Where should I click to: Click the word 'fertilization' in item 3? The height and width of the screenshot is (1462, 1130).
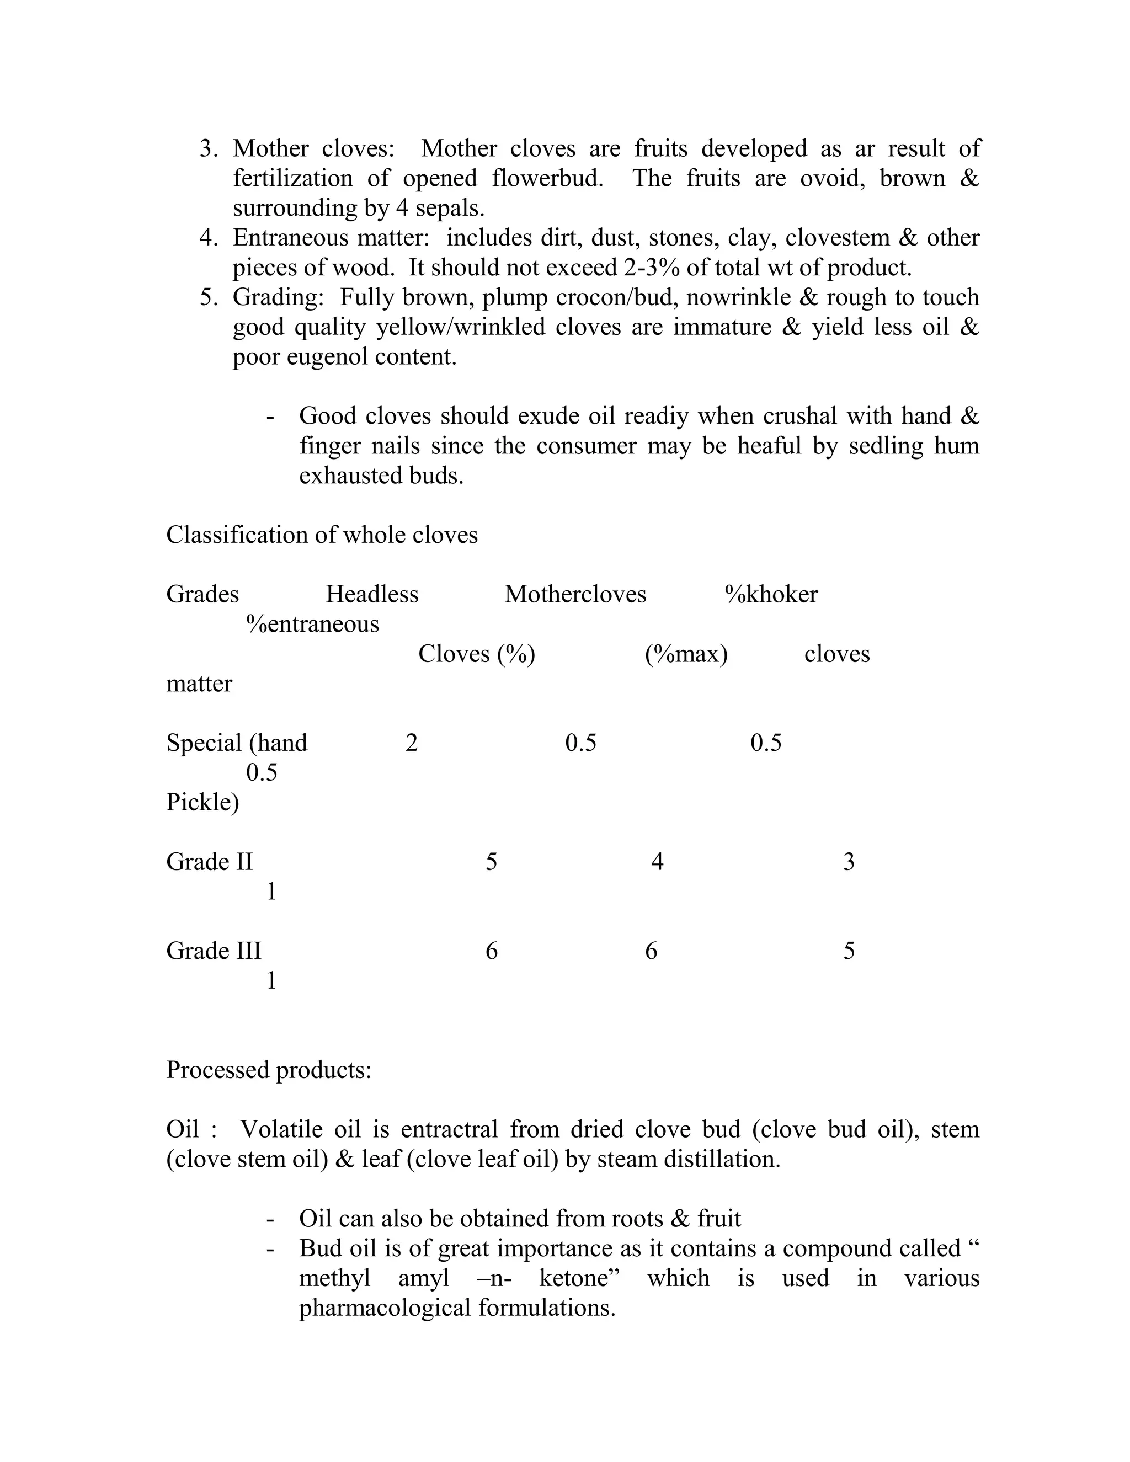click(292, 178)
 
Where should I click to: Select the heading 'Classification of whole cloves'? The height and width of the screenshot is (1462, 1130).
click(321, 535)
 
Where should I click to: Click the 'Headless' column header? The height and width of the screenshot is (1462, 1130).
click(372, 594)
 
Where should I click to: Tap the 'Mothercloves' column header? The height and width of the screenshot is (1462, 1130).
click(575, 594)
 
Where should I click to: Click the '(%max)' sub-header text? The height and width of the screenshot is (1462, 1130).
click(686, 654)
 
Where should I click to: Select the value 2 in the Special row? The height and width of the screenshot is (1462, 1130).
click(412, 743)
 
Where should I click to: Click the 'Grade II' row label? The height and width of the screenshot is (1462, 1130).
click(210, 862)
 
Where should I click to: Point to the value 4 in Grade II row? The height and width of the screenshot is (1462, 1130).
click(657, 862)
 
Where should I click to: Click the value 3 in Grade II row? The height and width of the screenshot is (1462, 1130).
click(849, 862)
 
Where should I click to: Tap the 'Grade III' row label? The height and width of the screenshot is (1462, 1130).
click(214, 951)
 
